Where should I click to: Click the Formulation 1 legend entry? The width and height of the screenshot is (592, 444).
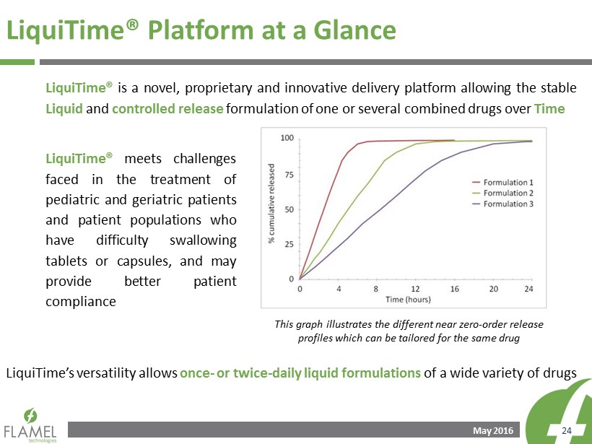[x=503, y=183]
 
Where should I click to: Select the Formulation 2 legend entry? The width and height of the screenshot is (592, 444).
[x=503, y=193]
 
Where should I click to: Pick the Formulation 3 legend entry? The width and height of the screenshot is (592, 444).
[x=503, y=204]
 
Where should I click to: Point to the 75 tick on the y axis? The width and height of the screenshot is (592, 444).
[x=290, y=175]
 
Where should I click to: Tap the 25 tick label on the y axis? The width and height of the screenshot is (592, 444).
[x=290, y=244]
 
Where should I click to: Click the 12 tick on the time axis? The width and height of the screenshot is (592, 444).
[x=415, y=289]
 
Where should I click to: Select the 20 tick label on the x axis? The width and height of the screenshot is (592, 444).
[x=494, y=289]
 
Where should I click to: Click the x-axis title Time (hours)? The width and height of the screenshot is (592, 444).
[x=408, y=300]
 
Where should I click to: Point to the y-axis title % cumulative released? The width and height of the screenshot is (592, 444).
[x=271, y=203]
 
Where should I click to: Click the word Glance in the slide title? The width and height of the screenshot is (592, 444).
[x=354, y=30]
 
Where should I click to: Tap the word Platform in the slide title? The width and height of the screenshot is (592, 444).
[x=201, y=30]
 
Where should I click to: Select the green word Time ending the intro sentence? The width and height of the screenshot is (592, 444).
[x=549, y=109]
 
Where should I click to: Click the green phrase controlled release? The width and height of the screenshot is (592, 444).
[x=167, y=109]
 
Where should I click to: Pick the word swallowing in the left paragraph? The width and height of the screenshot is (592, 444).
[x=203, y=240]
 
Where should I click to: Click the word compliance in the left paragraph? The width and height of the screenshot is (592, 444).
[x=81, y=302]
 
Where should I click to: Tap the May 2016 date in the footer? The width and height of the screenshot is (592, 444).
[x=493, y=431]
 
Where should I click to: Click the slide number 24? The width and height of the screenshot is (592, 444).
[x=567, y=431]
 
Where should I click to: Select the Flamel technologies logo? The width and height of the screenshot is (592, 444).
[x=30, y=425]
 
